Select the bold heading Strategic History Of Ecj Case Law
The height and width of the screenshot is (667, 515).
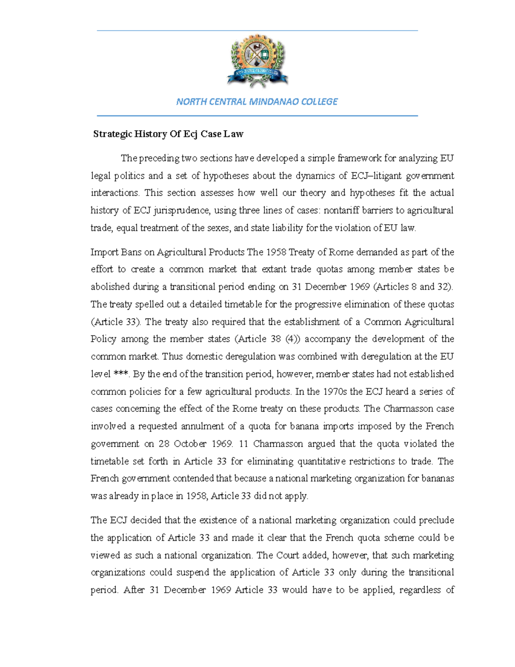168,134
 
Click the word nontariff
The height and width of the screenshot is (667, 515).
341,210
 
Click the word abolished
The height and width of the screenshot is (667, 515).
110,287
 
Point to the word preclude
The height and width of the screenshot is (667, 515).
436,521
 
